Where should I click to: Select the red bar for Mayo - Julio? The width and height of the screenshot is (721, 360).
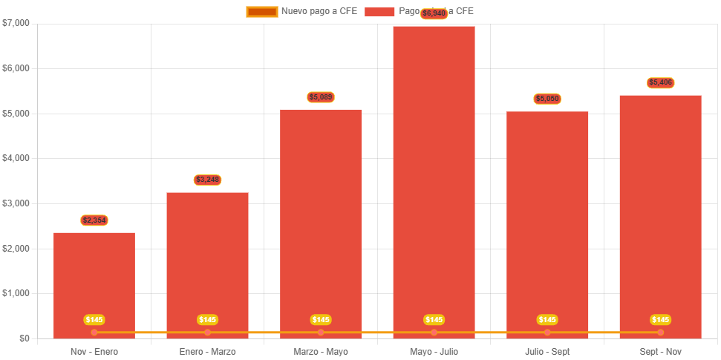[434, 178]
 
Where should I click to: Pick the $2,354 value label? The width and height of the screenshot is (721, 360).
[94, 220]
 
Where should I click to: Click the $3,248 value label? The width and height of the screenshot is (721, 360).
[207, 180]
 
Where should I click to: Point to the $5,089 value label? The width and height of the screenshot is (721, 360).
[321, 97]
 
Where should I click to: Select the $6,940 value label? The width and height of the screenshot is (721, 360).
[434, 13]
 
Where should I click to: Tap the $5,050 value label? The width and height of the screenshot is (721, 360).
[547, 99]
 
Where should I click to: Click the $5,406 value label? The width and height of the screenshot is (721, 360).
[660, 82]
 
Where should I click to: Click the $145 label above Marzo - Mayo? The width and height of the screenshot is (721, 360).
[321, 320]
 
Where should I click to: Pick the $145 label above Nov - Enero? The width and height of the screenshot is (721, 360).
[94, 320]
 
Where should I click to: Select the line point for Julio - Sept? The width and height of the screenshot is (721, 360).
[547, 332]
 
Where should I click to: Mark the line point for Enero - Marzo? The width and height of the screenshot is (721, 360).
[207, 332]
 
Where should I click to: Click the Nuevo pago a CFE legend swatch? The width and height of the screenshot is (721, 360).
[261, 12]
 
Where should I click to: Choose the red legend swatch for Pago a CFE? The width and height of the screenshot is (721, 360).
[379, 12]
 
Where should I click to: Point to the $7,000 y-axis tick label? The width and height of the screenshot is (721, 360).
[16, 23]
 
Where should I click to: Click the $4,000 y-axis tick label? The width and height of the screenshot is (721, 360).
[16, 158]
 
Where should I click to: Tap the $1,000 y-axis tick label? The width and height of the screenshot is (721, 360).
[16, 293]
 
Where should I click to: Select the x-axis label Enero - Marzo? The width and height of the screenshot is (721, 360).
[207, 351]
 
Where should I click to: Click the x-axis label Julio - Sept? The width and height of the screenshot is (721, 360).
[547, 351]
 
